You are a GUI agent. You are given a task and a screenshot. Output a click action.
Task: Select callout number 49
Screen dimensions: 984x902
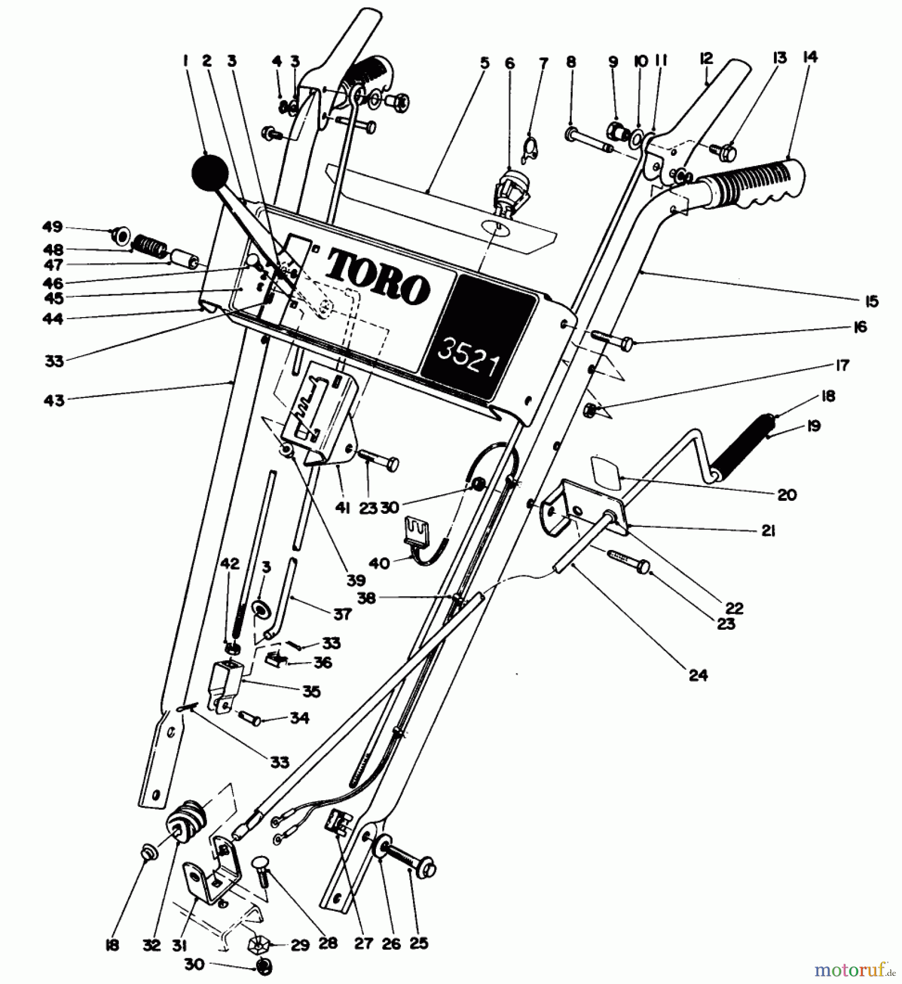[53, 227]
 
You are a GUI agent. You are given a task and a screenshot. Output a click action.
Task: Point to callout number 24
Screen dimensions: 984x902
[699, 676]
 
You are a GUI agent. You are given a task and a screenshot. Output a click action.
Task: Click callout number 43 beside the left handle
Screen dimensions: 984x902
[54, 401]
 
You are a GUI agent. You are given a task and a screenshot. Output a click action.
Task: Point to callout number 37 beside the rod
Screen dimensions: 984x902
[341, 614]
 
